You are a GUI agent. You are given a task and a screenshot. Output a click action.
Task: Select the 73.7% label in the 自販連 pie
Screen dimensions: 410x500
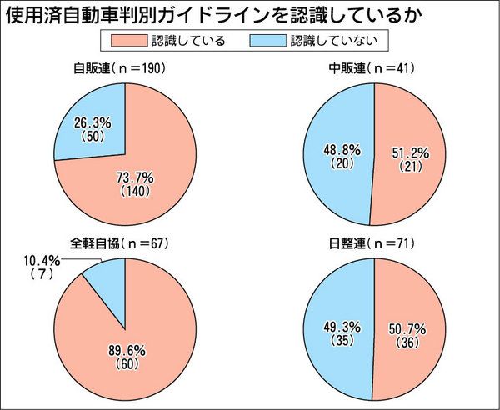pyautogui.click(x=132, y=177)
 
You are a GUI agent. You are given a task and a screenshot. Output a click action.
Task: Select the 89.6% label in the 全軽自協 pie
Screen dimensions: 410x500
pyautogui.click(x=133, y=351)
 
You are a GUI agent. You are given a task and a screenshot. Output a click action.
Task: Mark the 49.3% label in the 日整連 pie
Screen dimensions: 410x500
pyautogui.click(x=342, y=328)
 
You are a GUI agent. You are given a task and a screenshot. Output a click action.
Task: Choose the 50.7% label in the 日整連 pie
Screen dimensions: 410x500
pyautogui.click(x=407, y=330)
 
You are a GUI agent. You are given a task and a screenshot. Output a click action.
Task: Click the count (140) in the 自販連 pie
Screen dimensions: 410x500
pyautogui.click(x=133, y=191)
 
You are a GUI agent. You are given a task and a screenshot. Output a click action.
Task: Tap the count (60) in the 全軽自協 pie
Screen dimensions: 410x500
pyautogui.click(x=133, y=364)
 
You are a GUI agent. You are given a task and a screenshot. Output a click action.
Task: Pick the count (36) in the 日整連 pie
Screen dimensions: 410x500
pyautogui.click(x=407, y=343)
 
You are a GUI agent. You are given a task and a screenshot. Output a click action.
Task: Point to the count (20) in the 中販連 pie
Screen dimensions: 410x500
pyautogui.click(x=342, y=164)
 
